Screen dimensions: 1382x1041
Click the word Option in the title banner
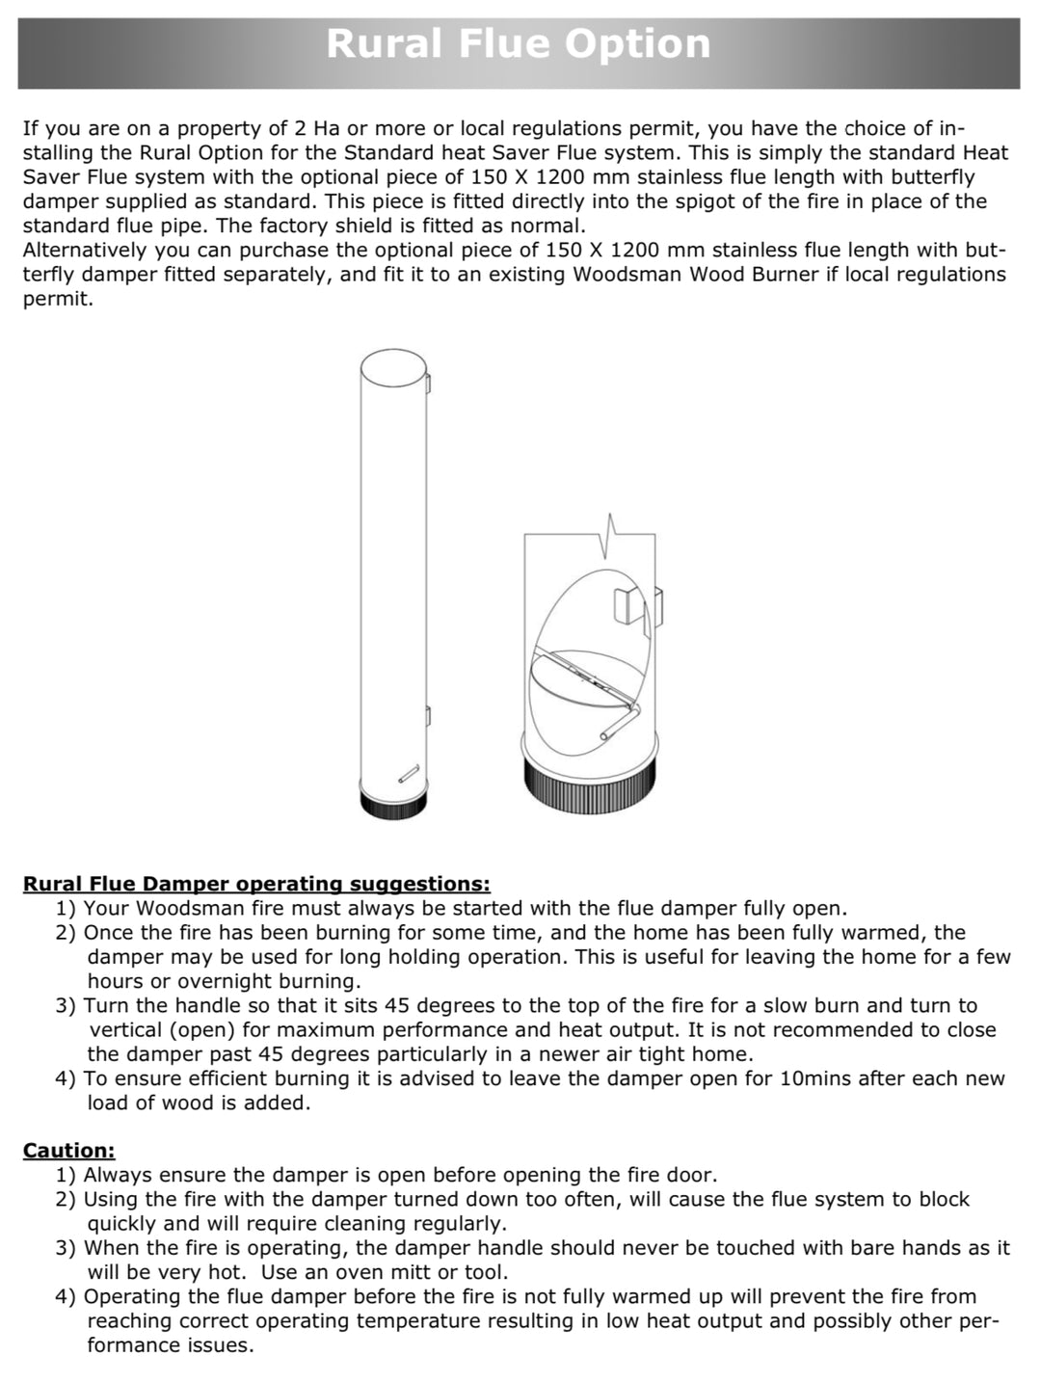coord(637,43)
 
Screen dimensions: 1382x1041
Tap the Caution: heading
coord(68,1150)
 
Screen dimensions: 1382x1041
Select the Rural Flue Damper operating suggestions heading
coord(256,884)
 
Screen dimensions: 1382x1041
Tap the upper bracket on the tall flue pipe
coord(428,383)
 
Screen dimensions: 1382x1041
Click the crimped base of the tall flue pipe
coord(392,804)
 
